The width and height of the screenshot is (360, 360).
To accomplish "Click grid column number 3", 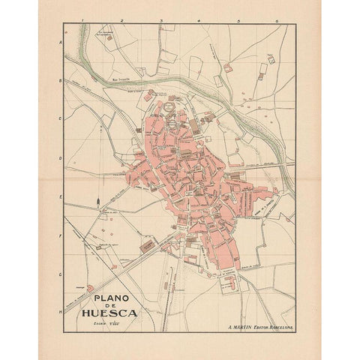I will [x=160, y=20].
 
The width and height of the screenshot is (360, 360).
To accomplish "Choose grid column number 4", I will [x=199, y=20].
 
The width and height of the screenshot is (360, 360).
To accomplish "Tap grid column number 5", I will [x=238, y=20].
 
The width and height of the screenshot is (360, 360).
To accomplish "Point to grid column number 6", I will [x=277, y=20].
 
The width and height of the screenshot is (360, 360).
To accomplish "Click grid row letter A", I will [x=59, y=43].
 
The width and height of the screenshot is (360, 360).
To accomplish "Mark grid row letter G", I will [x=59, y=274].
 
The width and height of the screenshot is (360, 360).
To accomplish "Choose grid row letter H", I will [x=59, y=309].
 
